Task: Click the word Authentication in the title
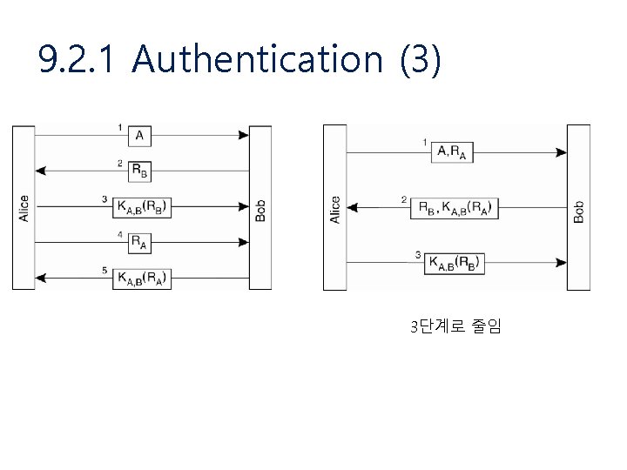259,60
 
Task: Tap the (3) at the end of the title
421,60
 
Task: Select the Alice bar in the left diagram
24,207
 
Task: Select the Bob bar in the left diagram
260,207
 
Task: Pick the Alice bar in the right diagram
335,207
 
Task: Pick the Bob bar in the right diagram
578,207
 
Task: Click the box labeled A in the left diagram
140,136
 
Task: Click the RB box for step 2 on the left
139,171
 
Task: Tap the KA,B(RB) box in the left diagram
141,206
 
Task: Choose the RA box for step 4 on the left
139,243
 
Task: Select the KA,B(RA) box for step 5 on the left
141,278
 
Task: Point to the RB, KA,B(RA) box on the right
455,208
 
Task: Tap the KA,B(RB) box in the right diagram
455,263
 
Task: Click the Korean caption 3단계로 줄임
455,327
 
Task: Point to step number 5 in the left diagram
104,272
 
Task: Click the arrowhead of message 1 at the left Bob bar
243,136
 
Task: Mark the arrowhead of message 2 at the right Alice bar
353,208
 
